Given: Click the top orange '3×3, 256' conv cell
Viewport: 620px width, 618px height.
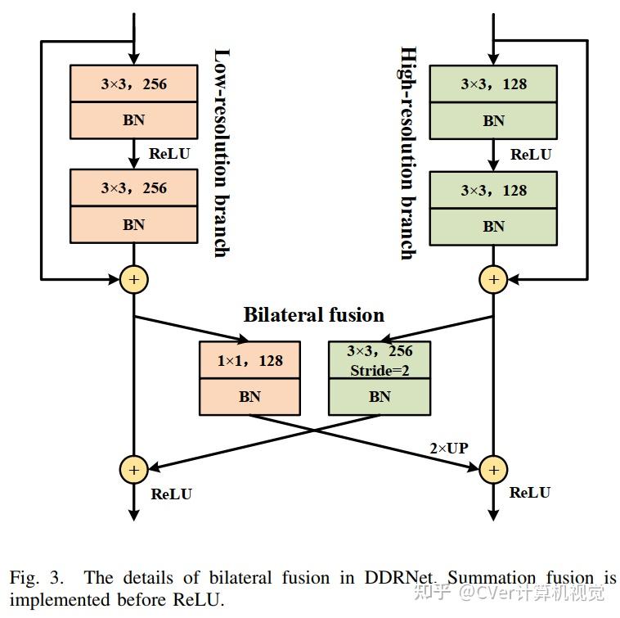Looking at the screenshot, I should coord(134,83).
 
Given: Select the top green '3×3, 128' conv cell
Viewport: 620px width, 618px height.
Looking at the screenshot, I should coord(493,83).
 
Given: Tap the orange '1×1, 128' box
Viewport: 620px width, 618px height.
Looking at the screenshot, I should coord(250,360).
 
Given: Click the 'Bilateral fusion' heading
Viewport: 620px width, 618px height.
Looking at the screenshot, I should coord(313,314).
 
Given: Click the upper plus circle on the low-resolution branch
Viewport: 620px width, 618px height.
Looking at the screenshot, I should coord(133,280).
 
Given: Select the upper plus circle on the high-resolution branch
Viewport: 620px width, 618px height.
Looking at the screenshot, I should coord(493,280).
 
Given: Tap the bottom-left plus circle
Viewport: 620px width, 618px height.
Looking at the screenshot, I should coord(133,469).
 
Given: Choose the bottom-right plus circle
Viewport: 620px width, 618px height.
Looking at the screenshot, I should coord(493,469).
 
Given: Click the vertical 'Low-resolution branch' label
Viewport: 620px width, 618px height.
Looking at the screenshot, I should coord(220,153).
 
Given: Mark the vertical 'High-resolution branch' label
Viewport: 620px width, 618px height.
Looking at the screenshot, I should coord(406,153).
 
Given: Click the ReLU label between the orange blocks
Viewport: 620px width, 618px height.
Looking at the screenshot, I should coord(170,153).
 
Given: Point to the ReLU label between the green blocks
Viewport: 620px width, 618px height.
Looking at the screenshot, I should coord(531,154).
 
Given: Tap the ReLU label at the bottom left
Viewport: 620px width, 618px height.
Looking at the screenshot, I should coord(172,494).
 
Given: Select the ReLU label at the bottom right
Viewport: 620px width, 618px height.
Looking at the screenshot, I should coord(530,492).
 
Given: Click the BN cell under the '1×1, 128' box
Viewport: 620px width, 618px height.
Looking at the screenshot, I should coord(250,397).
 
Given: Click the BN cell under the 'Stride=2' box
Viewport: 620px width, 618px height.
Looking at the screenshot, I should coord(380,397).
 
